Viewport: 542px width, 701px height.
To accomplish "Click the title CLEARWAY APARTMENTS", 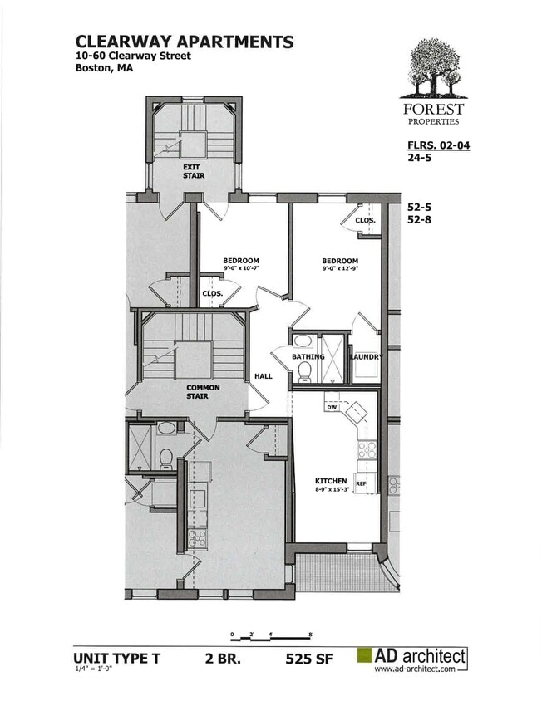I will click(184, 41).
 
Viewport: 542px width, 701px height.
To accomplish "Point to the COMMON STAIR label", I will click(203, 391).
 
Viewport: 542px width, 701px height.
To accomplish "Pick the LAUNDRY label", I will click(366, 357).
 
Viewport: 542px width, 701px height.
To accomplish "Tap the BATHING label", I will click(308, 357).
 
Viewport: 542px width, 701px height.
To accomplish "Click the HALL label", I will click(263, 376).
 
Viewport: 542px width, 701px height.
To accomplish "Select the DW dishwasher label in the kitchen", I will click(330, 408).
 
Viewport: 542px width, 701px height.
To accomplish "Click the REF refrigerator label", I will click(361, 483).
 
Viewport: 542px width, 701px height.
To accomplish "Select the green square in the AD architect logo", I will click(363, 656).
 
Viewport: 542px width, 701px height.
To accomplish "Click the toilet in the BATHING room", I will click(304, 371).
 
